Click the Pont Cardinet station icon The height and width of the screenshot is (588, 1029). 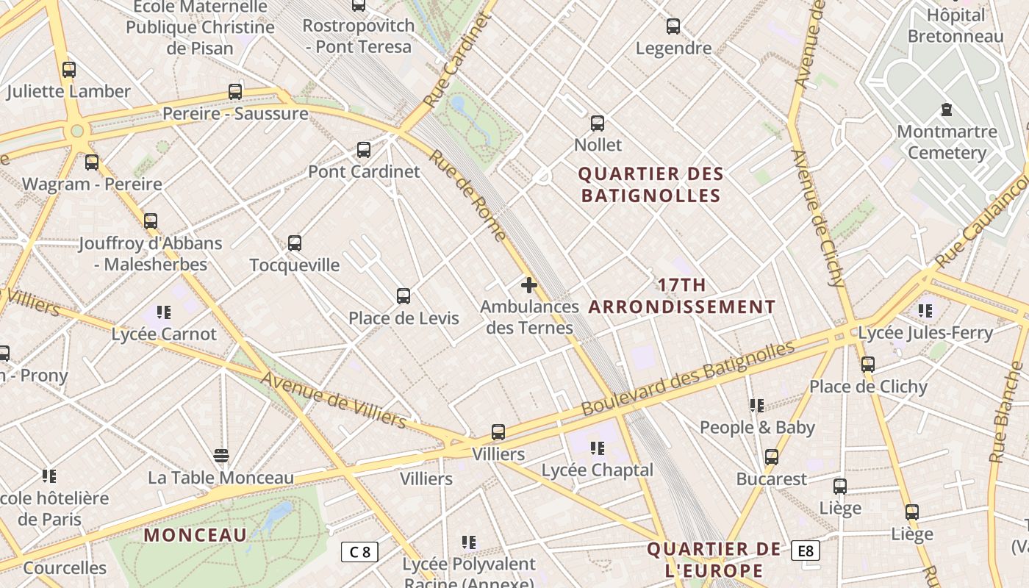click(x=363, y=150)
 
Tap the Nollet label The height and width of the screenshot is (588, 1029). click(x=598, y=145)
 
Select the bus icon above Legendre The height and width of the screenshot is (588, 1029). click(x=673, y=27)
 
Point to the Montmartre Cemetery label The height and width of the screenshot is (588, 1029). click(x=947, y=143)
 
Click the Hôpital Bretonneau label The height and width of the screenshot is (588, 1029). click(x=955, y=26)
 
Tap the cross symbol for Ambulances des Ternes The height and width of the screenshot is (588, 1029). click(x=528, y=285)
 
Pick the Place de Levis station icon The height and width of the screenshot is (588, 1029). click(x=403, y=296)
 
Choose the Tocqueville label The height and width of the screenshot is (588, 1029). click(x=295, y=265)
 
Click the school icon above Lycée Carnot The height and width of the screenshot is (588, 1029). click(x=163, y=312)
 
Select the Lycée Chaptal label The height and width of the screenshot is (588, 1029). click(x=597, y=470)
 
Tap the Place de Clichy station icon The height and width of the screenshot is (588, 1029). click(x=867, y=364)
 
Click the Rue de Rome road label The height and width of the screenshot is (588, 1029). click(x=468, y=196)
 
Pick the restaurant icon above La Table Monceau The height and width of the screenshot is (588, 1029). click(x=220, y=456)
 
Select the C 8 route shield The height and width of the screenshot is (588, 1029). click(x=360, y=551)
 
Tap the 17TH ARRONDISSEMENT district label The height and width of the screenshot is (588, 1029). click(x=682, y=296)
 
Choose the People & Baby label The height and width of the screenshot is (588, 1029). click(x=757, y=427)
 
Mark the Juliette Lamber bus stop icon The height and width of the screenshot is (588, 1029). click(x=68, y=70)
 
